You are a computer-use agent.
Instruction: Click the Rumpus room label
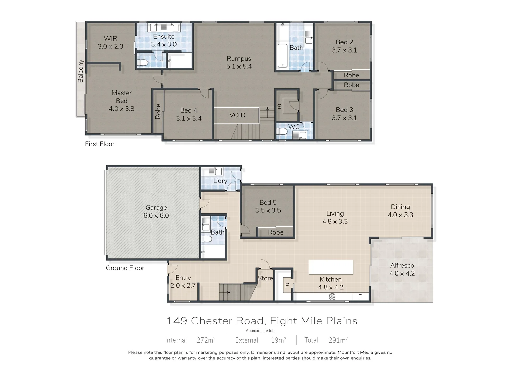(x=239, y=59)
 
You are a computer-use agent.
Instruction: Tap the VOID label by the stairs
(x=237, y=115)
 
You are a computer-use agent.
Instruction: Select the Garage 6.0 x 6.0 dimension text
(x=156, y=216)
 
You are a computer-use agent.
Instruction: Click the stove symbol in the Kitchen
(x=332, y=297)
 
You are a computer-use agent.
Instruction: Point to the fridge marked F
(x=360, y=297)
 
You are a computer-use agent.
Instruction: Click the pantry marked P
(x=287, y=285)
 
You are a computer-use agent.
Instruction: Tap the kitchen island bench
(x=331, y=267)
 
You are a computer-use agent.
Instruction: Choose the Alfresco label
(x=402, y=266)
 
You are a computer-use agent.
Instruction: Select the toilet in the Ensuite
(x=143, y=63)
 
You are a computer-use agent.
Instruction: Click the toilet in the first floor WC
(x=282, y=131)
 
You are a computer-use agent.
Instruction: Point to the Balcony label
(x=81, y=71)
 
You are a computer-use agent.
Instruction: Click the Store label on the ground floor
(x=265, y=278)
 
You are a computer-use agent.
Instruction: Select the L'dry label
(x=220, y=181)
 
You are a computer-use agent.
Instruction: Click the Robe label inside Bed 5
(x=275, y=232)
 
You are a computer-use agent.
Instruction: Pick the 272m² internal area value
(x=206, y=340)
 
